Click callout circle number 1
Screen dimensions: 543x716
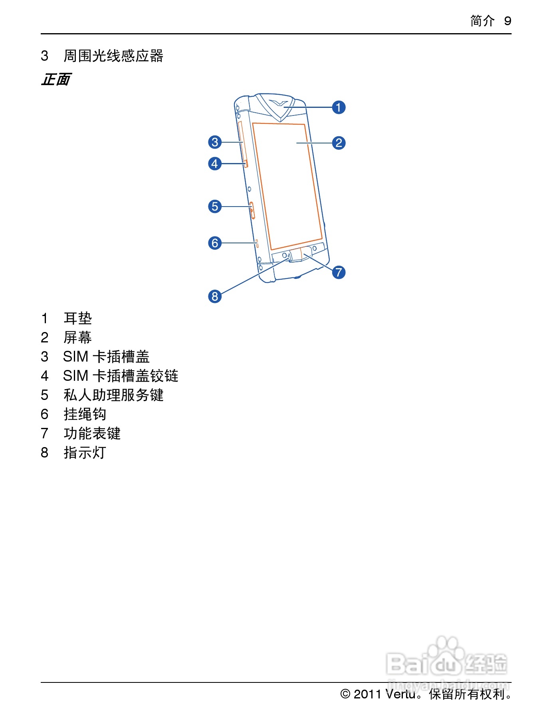(x=339, y=107)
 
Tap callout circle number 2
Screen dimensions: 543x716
(x=339, y=143)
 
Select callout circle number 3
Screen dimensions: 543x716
(x=215, y=142)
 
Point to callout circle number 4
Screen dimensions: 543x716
(x=215, y=163)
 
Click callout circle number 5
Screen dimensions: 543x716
(x=215, y=206)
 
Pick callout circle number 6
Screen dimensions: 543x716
(x=215, y=243)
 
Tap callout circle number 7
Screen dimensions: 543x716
(x=339, y=272)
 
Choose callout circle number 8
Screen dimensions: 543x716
(x=215, y=296)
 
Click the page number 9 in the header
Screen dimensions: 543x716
(x=507, y=21)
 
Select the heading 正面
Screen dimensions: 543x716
(x=56, y=80)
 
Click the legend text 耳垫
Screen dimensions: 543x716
(x=78, y=318)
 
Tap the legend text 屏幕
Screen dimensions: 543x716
(x=78, y=338)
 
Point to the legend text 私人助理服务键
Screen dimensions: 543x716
(x=114, y=395)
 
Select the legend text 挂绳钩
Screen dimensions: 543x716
(x=85, y=414)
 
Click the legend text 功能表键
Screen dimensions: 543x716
(x=92, y=434)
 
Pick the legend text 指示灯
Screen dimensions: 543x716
(x=85, y=453)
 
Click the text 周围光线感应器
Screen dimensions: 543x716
(x=114, y=56)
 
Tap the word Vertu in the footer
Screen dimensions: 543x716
(x=400, y=694)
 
